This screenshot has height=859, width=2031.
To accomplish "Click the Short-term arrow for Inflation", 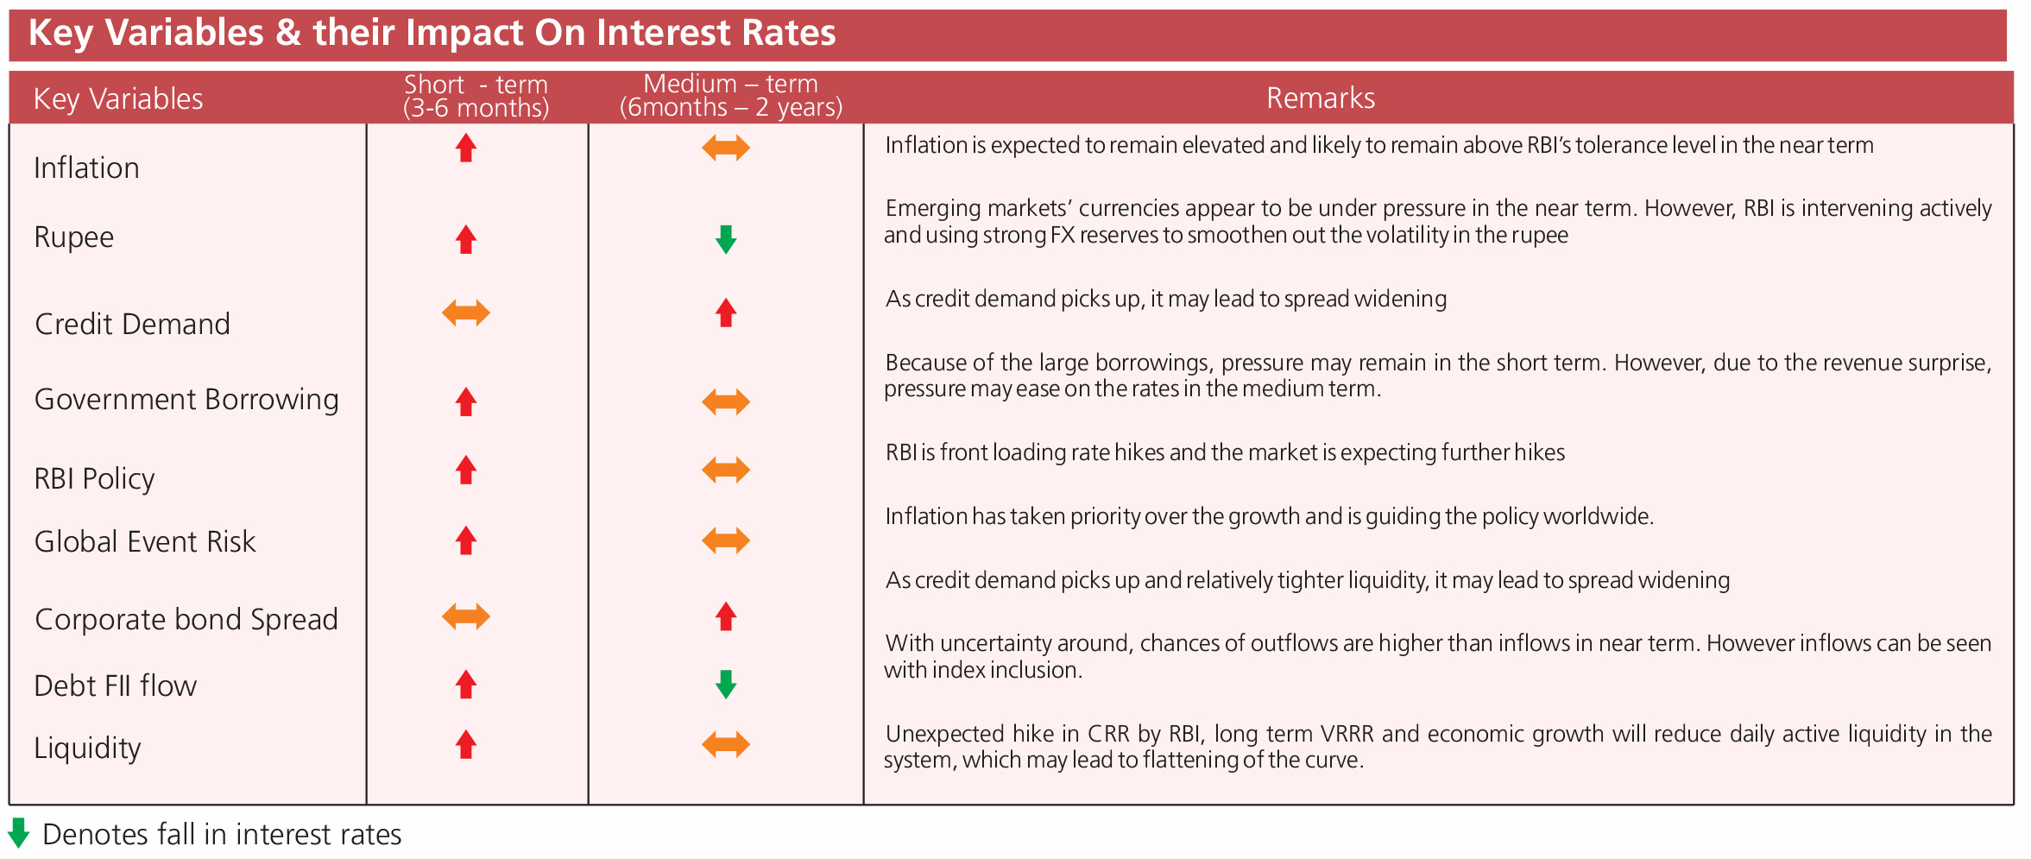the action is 466,148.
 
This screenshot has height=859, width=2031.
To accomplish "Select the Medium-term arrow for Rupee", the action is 726,239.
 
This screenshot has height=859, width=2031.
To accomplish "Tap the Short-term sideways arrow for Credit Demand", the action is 466,313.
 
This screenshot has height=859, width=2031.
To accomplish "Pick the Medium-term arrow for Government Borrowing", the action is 726,401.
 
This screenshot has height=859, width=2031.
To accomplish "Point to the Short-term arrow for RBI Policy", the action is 466,470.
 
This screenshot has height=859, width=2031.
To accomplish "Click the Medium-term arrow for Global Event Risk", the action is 726,541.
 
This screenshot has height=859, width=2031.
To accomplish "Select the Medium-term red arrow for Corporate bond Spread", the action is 726,616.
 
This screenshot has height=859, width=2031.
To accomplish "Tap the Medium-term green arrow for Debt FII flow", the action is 726,685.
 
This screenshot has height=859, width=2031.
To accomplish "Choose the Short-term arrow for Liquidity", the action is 466,744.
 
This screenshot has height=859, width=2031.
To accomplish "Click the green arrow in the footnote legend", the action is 18,833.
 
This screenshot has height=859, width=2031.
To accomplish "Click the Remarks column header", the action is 1321,98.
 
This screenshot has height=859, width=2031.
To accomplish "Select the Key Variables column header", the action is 118,99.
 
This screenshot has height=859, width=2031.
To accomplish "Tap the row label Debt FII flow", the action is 116,685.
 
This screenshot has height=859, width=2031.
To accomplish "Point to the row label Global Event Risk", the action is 145,541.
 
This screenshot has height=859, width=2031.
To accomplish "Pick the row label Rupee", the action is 74,237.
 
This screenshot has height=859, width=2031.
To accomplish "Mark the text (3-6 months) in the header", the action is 476,108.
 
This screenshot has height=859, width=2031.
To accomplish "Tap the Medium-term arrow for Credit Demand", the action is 726,313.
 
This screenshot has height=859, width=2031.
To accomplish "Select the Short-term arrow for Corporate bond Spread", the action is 466,616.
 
